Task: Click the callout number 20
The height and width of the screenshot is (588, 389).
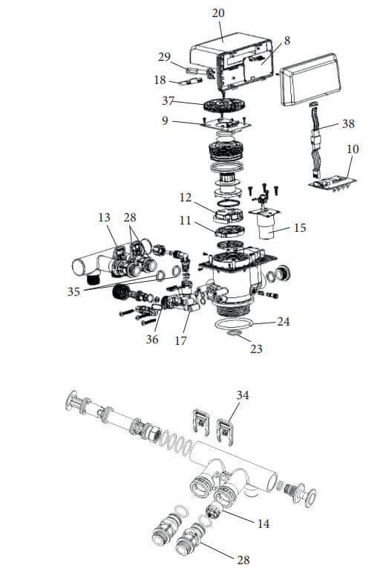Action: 218,13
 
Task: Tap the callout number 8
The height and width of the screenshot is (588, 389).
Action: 287,40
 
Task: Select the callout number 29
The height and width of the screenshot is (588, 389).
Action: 164,57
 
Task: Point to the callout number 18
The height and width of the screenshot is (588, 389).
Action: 160,80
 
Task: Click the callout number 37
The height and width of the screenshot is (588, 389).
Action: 168,100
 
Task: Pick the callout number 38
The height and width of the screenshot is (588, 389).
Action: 348,123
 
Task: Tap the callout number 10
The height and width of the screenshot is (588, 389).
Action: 353,149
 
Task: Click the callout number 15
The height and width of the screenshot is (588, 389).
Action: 300,227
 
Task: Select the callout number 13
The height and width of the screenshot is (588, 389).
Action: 105,218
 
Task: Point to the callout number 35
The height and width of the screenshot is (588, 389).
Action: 73,291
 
